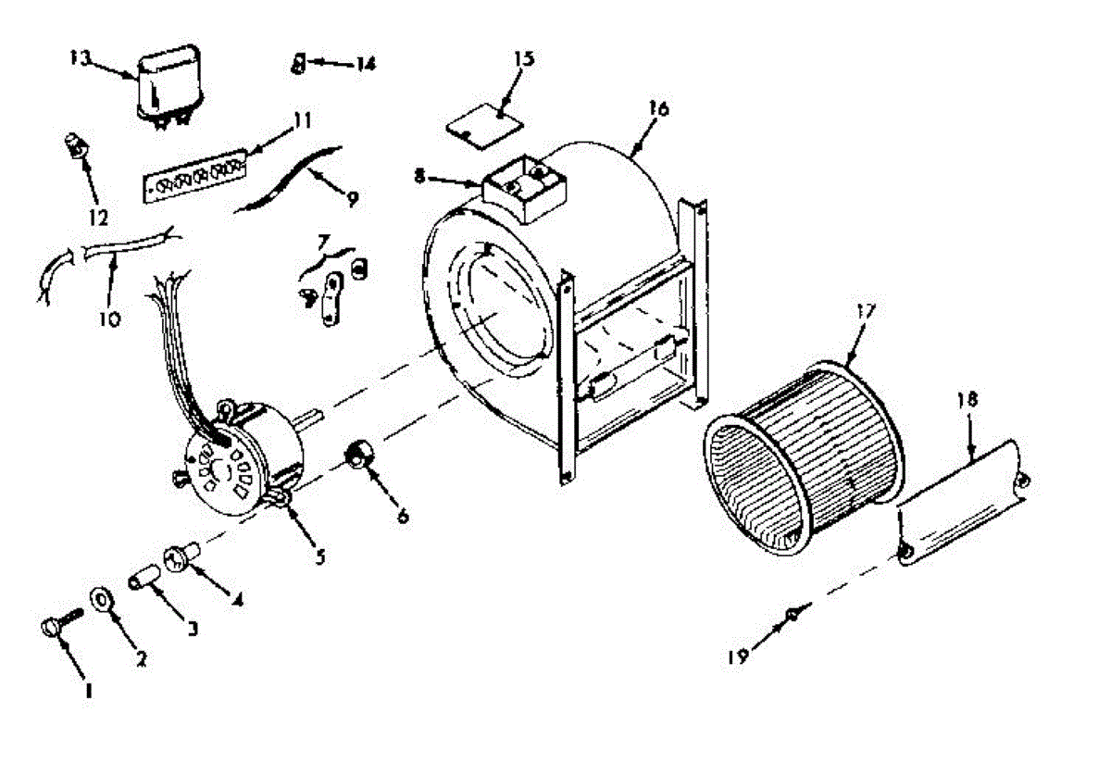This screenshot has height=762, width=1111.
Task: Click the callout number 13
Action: [x=79, y=57]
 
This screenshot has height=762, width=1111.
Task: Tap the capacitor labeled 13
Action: [x=172, y=85]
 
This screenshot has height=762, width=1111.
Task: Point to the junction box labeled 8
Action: [x=524, y=191]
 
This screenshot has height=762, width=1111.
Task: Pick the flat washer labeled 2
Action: [x=101, y=599]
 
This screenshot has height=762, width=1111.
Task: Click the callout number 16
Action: [x=658, y=107]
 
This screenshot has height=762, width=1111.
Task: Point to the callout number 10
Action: [x=109, y=319]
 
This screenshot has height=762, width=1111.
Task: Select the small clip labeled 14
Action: [x=298, y=63]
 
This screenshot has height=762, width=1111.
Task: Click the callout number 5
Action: [x=318, y=556]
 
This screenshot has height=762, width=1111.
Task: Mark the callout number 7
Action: [x=323, y=243]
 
